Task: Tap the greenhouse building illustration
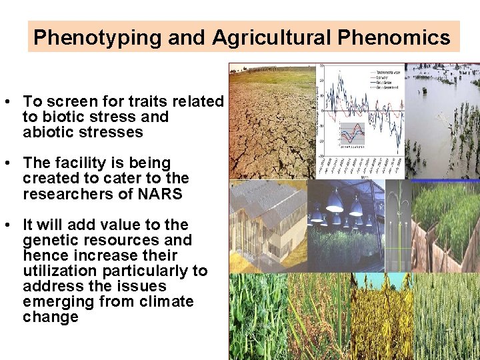click(x=267, y=223)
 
